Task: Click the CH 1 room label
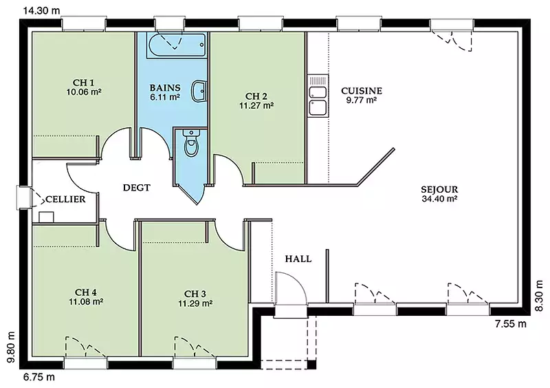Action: tap(83, 83)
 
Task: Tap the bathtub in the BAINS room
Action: tap(177, 45)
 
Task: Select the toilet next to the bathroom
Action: tap(191, 143)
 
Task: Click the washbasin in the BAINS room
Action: tap(199, 91)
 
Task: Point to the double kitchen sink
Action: tap(318, 96)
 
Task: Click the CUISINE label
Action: tap(362, 91)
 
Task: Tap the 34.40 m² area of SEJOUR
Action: tap(439, 199)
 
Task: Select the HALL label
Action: tap(298, 259)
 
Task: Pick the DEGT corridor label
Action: tap(136, 188)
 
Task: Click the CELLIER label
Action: tap(65, 200)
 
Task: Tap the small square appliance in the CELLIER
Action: tap(46, 217)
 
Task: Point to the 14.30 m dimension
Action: tap(41, 10)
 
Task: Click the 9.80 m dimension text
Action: tap(12, 347)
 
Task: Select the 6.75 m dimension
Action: tap(39, 377)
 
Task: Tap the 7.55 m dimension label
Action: tap(511, 324)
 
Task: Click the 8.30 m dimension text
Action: tap(539, 295)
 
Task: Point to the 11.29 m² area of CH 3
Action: tap(195, 303)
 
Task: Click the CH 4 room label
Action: tap(86, 292)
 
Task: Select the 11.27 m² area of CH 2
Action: tap(256, 105)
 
